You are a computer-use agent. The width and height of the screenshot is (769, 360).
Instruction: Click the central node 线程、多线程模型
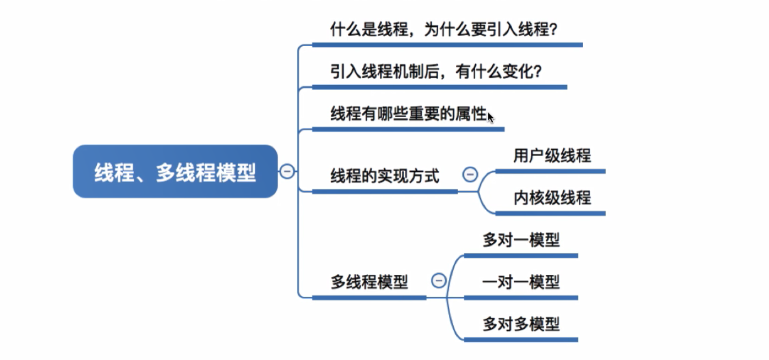(175, 172)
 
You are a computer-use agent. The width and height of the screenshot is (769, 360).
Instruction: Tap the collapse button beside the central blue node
(287, 171)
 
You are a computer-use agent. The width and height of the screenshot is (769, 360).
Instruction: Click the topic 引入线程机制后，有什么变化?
(436, 72)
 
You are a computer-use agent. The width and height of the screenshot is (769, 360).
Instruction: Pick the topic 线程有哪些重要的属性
(409, 114)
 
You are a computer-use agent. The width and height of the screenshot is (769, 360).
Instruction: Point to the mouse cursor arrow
(490, 117)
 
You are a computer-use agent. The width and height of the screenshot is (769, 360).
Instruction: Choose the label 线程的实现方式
(384, 176)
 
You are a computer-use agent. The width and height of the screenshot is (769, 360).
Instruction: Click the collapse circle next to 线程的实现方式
(470, 174)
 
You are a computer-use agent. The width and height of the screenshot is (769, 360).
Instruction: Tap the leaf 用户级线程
(552, 156)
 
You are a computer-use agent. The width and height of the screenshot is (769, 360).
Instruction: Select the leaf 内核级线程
(552, 198)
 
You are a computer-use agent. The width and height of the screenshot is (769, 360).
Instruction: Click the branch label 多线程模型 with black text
(369, 282)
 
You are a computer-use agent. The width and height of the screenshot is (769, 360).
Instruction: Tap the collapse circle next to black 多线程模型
(439, 280)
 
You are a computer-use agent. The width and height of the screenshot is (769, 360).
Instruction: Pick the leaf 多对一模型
(521, 240)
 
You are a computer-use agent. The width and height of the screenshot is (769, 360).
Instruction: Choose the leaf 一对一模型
(521, 282)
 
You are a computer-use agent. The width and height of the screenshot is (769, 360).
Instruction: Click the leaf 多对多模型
(521, 324)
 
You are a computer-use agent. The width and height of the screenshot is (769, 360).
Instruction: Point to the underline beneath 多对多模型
(521, 340)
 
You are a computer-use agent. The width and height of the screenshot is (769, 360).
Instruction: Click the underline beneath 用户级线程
(550, 171)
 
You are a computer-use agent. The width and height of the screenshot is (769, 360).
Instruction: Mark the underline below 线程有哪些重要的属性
(408, 129)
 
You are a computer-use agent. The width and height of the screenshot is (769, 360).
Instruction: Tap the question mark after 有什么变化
(537, 72)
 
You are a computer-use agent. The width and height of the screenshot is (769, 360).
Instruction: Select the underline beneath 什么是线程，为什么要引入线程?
(447, 45)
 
